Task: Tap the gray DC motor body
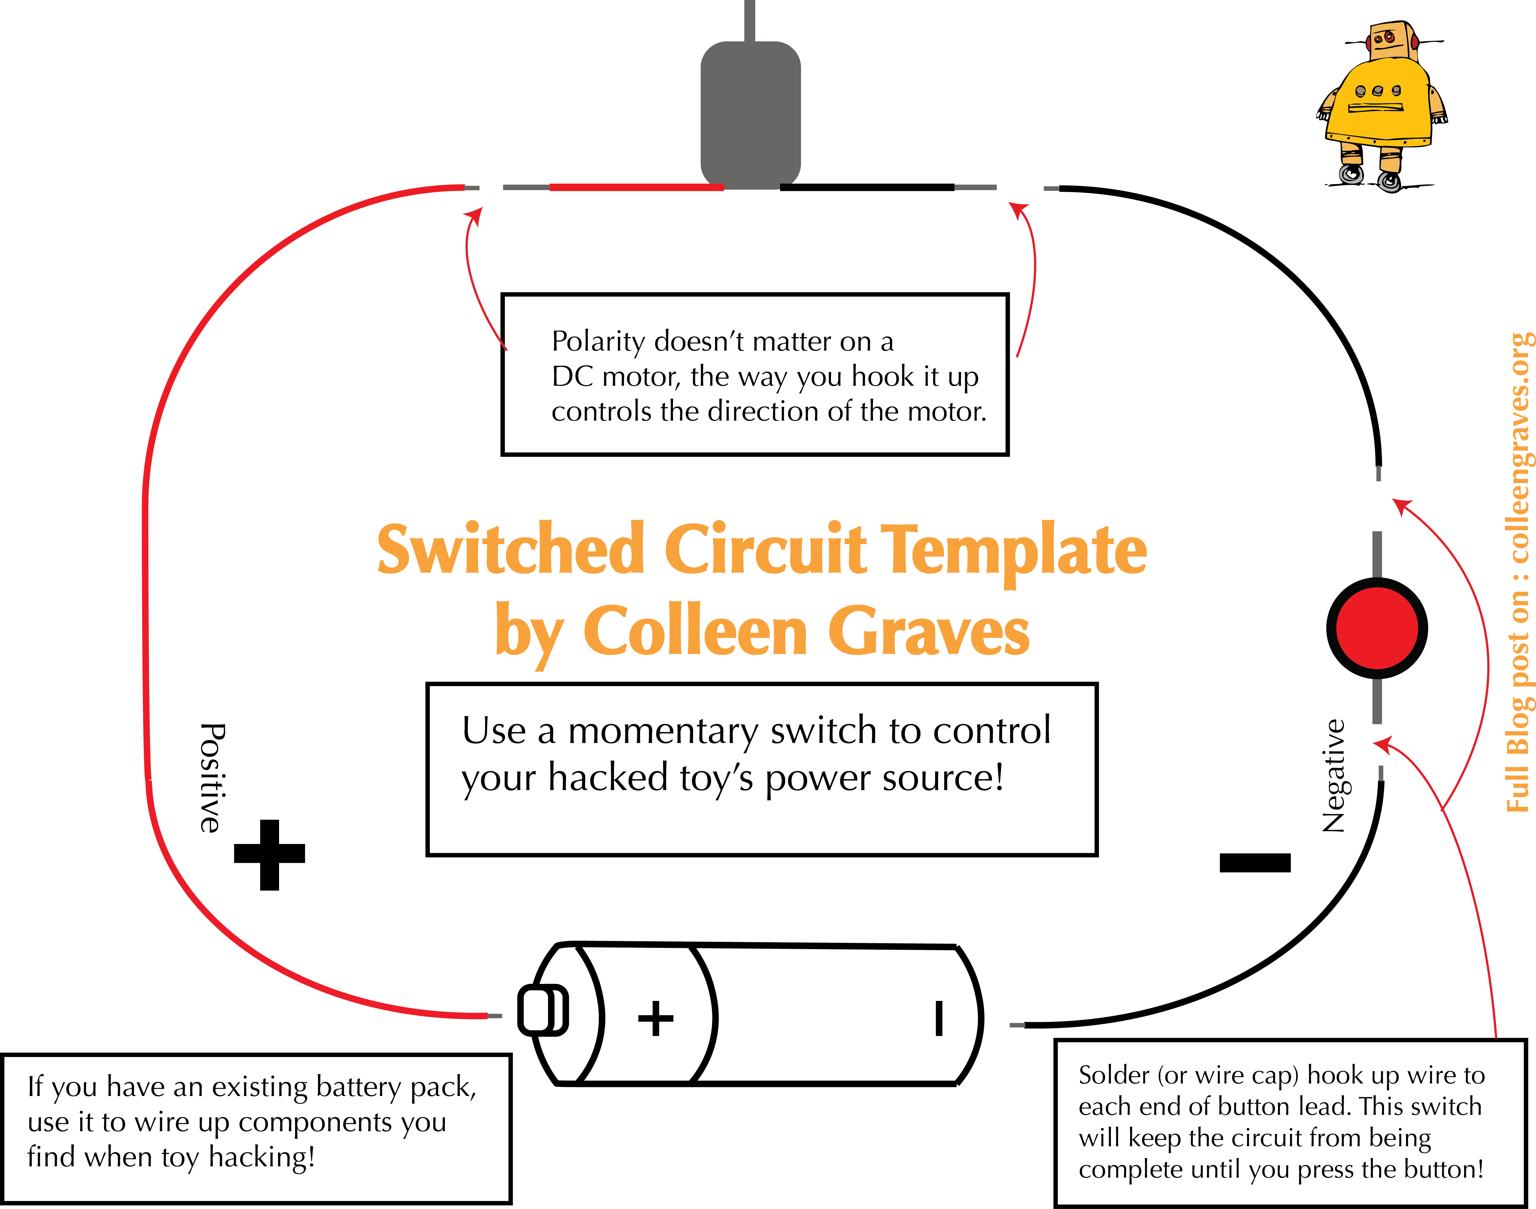[750, 113]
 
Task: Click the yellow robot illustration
[1380, 106]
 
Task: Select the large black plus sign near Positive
[269, 854]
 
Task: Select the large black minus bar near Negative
[1255, 862]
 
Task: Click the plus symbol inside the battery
[655, 1018]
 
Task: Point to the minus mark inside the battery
[939, 1018]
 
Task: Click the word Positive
[211, 777]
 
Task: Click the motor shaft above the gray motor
[750, 20]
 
